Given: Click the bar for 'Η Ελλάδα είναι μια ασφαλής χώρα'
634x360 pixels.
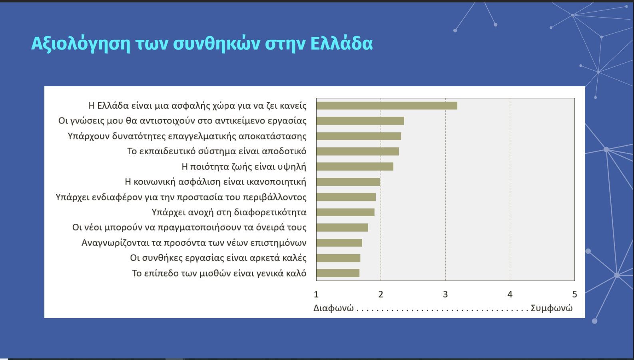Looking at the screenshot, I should [x=387, y=106].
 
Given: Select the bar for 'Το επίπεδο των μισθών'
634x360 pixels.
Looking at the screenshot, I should [x=338, y=273].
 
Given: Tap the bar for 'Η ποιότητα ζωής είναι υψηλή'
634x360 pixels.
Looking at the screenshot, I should [x=355, y=167].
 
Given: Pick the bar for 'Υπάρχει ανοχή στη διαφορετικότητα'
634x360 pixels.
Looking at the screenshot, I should [x=345, y=212].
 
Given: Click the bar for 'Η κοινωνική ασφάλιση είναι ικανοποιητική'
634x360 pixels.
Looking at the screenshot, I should [x=348, y=182].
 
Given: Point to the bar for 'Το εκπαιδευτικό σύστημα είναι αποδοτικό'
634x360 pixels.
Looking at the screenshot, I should [x=357, y=151].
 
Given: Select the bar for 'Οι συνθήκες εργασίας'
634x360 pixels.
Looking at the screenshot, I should [x=338, y=258].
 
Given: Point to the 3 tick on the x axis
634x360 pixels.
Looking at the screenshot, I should [x=445, y=294].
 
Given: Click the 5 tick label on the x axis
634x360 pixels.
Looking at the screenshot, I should [x=574, y=294].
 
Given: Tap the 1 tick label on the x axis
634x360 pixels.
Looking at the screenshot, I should [x=316, y=294].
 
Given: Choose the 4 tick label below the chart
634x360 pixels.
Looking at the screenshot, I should [x=510, y=294].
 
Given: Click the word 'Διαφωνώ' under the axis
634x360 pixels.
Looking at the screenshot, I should [x=333, y=308].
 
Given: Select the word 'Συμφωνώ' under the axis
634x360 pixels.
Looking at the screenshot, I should [x=552, y=308].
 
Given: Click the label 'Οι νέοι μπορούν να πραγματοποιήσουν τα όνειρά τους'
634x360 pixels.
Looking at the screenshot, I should [x=189, y=228].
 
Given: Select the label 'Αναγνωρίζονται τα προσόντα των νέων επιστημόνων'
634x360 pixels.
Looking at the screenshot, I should [x=194, y=243].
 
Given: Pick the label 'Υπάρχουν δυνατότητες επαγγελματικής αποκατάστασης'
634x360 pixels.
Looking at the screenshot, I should [x=187, y=136].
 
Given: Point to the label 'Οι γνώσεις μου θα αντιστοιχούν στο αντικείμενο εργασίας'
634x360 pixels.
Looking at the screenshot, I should [x=182, y=121].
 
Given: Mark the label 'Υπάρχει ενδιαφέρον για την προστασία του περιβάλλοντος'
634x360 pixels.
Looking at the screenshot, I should [x=181, y=197].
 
